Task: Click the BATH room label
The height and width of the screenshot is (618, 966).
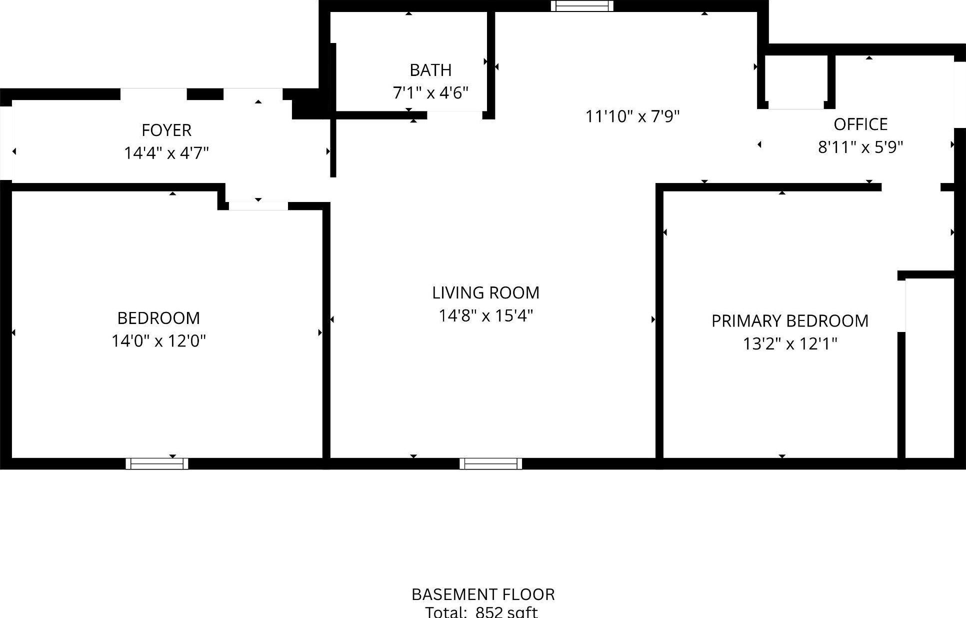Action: pos(430,70)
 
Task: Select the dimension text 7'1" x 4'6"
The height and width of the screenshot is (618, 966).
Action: pos(430,93)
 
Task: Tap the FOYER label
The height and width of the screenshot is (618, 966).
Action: pos(166,130)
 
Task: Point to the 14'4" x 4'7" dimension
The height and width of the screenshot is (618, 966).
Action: pos(166,153)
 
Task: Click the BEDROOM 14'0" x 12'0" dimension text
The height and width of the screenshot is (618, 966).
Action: pos(158,341)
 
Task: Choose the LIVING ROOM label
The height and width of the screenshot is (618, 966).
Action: pos(485,292)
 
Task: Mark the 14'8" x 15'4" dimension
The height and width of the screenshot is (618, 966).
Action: pos(485,315)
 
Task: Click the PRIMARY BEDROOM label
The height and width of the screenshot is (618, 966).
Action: pos(789,320)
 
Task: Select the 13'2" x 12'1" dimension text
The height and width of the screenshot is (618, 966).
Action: pos(789,344)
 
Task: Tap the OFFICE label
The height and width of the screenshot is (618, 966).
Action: pos(860,124)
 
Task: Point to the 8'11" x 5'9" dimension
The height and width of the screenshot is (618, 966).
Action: pos(860,147)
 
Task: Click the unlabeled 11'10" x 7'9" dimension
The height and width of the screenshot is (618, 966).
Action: pos(632,116)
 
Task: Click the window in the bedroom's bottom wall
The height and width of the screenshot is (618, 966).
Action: pos(157,463)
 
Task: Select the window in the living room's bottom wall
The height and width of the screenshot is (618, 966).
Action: pos(490,463)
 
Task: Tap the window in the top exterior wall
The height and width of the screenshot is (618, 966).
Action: pos(582,6)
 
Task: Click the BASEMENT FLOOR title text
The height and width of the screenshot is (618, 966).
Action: pos(483,594)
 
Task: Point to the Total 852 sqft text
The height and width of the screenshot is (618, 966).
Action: pos(481,612)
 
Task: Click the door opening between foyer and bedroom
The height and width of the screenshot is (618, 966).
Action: pos(258,205)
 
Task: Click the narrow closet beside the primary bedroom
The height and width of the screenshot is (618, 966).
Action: pos(929,367)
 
